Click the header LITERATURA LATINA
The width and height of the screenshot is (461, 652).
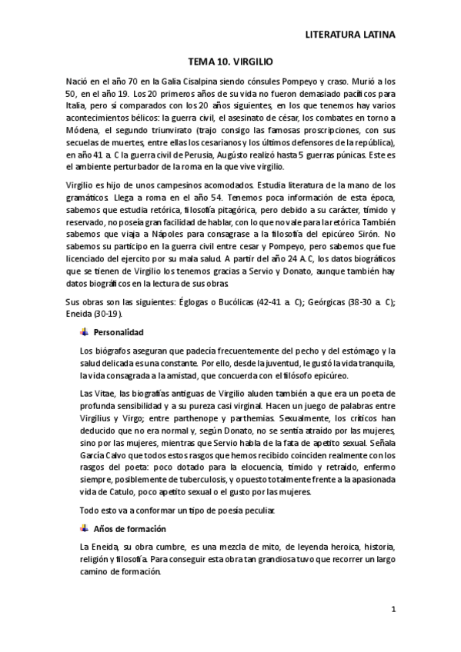(x=350, y=35)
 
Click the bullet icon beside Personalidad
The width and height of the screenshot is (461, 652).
(x=84, y=332)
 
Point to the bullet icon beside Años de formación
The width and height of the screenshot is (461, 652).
(x=84, y=529)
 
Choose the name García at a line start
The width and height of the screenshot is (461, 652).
(x=95, y=454)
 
